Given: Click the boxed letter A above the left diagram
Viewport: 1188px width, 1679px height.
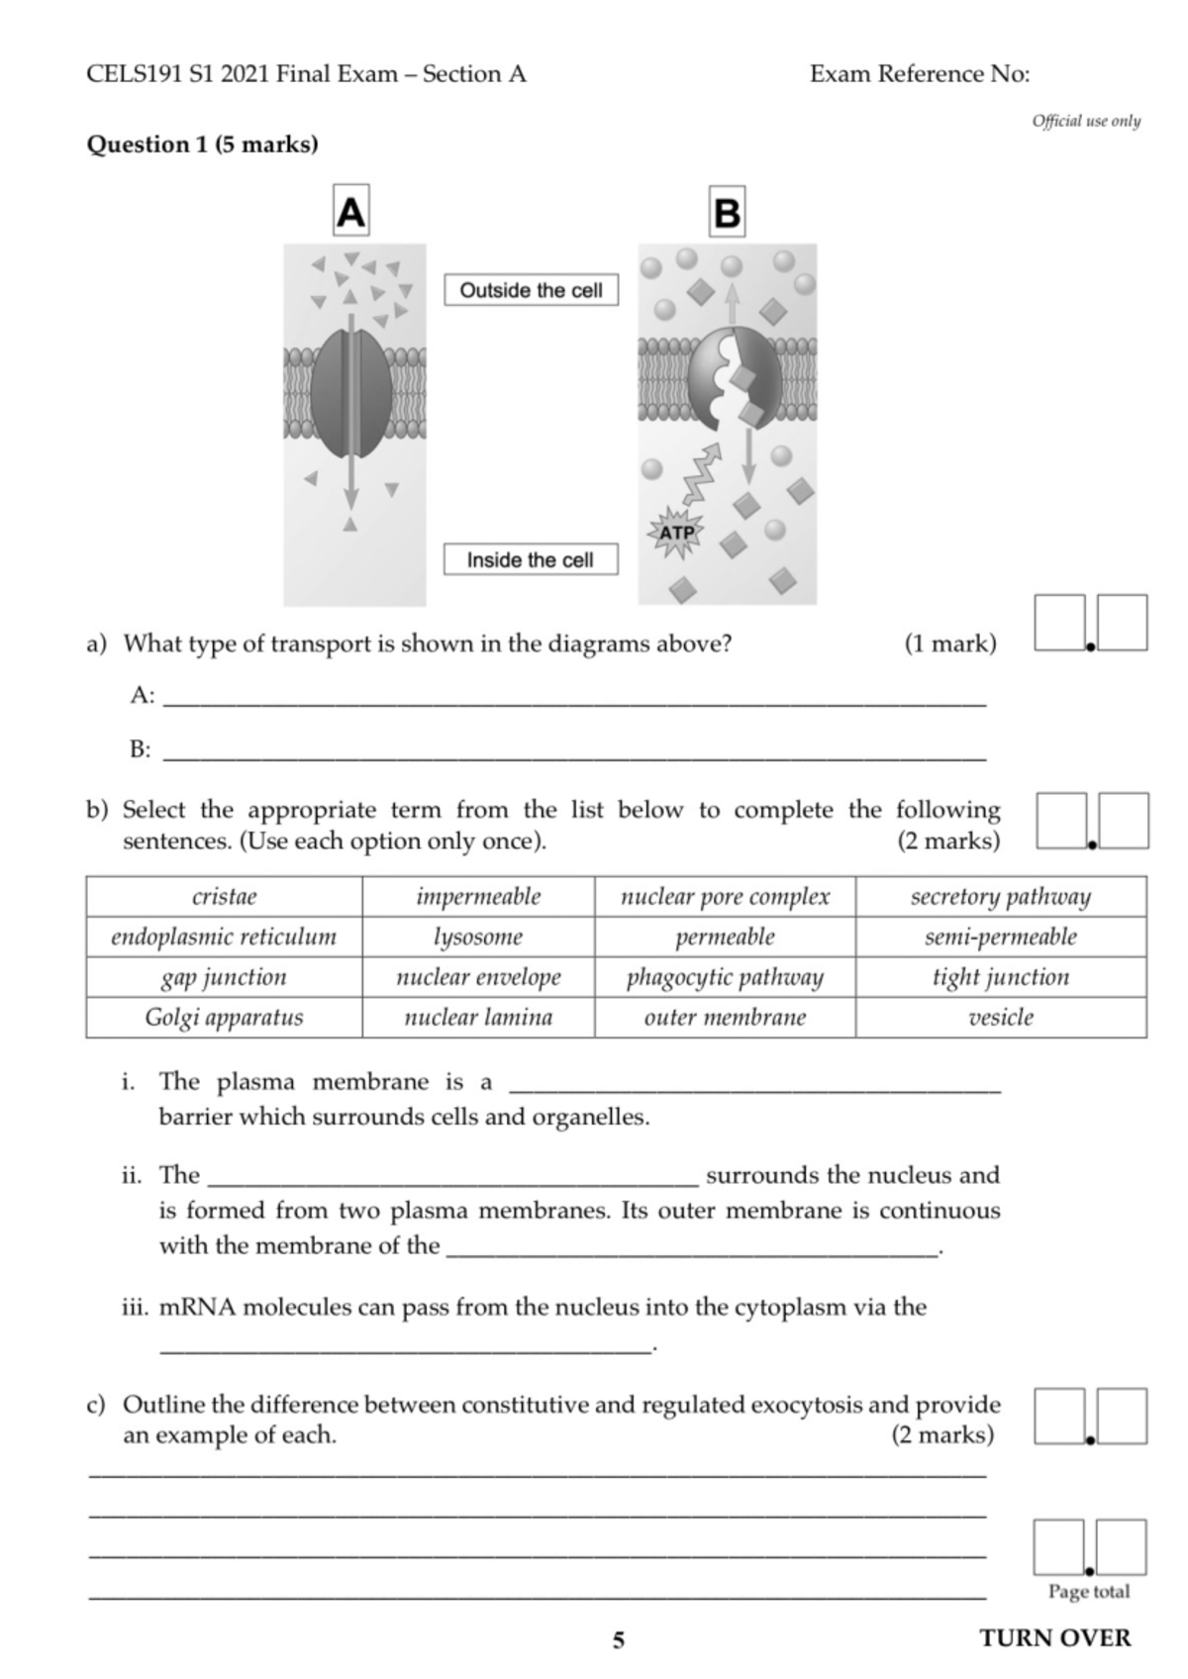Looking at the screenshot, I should point(350,211).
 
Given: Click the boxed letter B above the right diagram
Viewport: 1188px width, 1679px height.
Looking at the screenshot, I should point(727,212).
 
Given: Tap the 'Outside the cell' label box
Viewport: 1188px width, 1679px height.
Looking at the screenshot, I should point(531,290).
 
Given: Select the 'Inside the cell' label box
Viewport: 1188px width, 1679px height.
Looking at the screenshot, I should point(530,559).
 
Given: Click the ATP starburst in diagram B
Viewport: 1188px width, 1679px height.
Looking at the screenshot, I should point(677,533).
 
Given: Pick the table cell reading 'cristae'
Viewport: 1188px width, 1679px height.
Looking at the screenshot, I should point(224,897).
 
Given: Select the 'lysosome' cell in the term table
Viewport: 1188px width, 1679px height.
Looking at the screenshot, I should point(478,937).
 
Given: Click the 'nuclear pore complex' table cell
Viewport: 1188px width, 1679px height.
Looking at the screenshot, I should point(725,897).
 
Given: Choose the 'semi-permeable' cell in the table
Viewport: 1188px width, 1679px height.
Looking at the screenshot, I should point(1000,937).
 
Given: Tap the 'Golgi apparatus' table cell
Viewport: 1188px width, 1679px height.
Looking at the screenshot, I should point(224,1018).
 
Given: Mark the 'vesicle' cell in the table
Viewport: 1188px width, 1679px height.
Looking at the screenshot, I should point(1000,1018).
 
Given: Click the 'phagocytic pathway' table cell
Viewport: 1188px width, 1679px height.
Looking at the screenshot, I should point(725,977).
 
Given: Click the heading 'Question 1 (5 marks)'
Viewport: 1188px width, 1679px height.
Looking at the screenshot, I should point(202,145).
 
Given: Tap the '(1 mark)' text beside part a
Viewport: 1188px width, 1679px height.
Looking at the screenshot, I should point(949,643).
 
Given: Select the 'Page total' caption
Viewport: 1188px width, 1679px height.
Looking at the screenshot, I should point(1088,1592).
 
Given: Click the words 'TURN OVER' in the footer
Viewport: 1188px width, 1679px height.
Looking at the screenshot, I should point(1054,1638).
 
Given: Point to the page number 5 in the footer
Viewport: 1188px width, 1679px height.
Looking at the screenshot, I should point(619,1640).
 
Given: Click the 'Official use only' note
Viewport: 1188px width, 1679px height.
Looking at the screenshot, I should point(1086,121).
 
